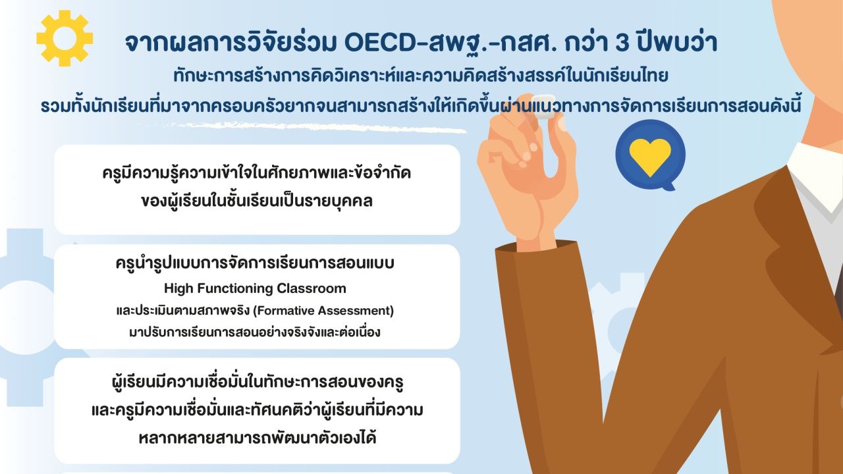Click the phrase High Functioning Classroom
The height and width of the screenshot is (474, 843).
point(255,288)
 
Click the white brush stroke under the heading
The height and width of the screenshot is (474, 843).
point(301,128)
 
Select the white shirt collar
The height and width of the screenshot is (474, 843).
point(815,177)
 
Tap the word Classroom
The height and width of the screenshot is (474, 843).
point(312,288)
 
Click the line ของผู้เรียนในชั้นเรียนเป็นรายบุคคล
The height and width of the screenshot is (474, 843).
point(257,201)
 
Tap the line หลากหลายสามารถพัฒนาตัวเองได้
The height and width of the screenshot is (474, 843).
point(258,438)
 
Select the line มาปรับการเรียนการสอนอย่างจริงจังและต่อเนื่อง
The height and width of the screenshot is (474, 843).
point(254,332)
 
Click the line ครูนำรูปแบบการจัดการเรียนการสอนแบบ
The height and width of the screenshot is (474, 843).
point(255,264)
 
